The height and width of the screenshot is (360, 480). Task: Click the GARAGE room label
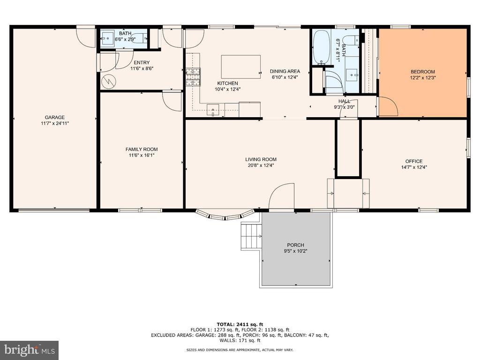(x=55, y=117)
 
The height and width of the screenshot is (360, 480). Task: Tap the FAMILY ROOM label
(x=142, y=150)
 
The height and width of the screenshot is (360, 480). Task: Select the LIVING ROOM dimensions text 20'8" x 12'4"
(x=261, y=165)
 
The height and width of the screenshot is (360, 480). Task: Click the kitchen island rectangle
(x=241, y=67)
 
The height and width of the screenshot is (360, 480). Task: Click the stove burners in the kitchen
(x=193, y=76)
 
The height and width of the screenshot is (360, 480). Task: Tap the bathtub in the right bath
(x=321, y=47)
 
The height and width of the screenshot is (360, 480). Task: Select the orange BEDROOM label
(x=423, y=72)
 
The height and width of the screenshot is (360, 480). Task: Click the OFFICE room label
(x=414, y=161)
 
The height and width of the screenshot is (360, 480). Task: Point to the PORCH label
(x=296, y=245)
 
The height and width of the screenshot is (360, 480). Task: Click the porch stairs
(x=252, y=236)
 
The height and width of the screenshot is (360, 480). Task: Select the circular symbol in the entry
(x=108, y=81)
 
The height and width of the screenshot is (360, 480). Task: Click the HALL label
(x=345, y=101)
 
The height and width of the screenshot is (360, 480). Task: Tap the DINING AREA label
(x=285, y=71)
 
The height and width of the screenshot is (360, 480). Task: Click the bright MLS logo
(x=30, y=350)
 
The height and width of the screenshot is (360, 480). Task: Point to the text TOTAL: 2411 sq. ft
(x=240, y=324)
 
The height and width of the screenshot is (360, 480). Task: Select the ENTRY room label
(x=142, y=63)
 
